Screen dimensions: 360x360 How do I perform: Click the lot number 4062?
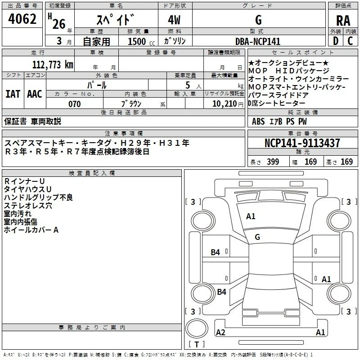(x=22, y=19)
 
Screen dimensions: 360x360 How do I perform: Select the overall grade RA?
(x=343, y=21)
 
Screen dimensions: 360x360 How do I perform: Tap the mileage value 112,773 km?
(x=53, y=65)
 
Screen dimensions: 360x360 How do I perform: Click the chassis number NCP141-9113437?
(x=302, y=143)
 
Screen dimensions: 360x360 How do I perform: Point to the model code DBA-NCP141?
(x=258, y=41)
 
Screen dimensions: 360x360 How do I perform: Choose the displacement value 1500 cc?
(x=141, y=41)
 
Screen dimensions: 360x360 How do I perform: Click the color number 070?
(x=75, y=104)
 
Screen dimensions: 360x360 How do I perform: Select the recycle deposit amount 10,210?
(x=225, y=104)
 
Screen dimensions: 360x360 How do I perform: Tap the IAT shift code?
(x=13, y=94)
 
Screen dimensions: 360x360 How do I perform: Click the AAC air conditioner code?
(x=35, y=94)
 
